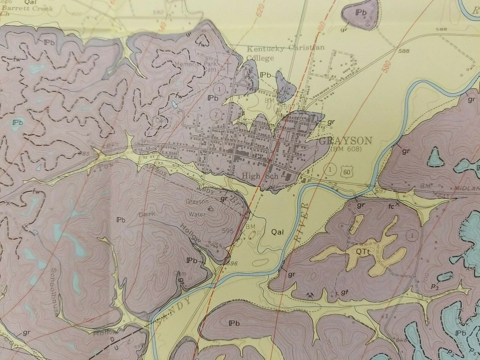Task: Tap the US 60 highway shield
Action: tap(346, 171)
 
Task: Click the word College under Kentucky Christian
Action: tap(260, 58)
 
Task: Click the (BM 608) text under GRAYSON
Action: tap(346, 149)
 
